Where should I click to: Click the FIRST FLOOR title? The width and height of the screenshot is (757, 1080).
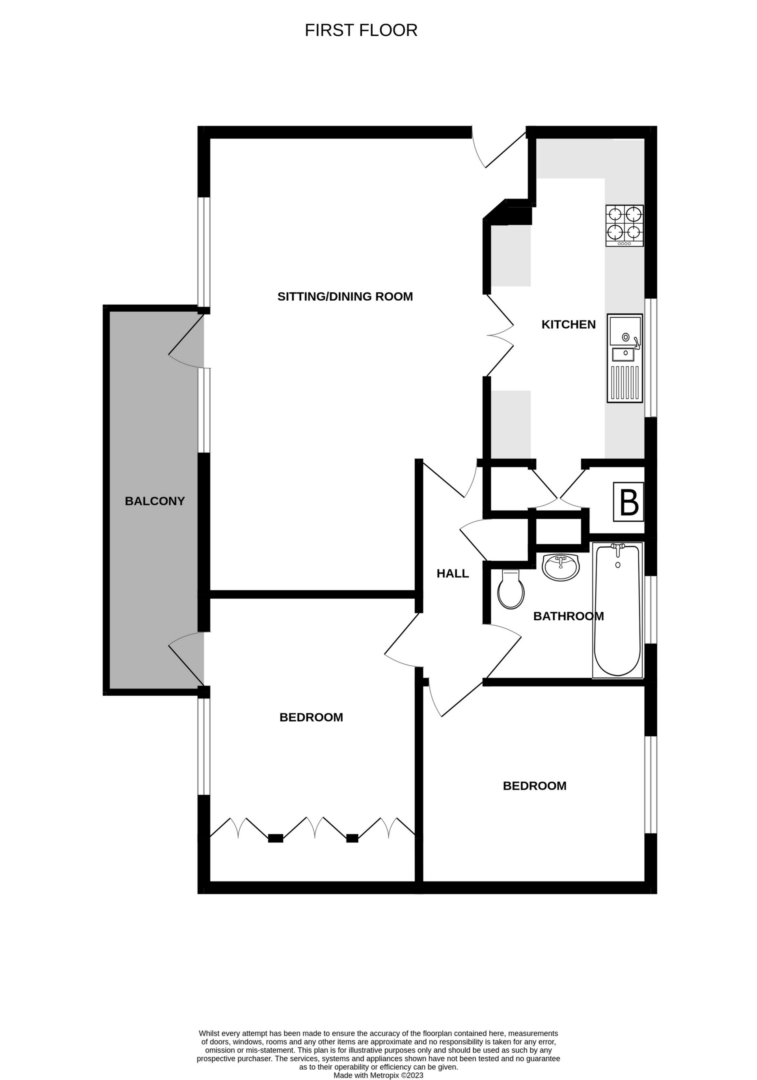[x=361, y=30]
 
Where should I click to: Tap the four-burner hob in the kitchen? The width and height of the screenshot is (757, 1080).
[x=624, y=225]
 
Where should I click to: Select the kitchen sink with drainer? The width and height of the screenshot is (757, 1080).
[x=625, y=358]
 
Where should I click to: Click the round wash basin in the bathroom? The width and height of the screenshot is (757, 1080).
[x=561, y=566]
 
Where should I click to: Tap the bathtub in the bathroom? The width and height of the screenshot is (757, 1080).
[x=617, y=610]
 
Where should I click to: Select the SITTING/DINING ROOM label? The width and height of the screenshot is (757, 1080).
[x=345, y=296]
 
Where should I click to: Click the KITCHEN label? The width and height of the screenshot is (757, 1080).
[x=568, y=324]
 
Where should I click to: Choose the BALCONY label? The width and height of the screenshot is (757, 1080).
[x=155, y=501]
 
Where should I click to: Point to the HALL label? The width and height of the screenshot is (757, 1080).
[x=453, y=573]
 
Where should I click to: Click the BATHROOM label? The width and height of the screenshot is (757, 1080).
[x=568, y=616]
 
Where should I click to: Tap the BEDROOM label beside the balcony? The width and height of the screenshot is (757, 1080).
[x=311, y=717]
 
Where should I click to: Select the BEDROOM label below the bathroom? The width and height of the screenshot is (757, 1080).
[x=534, y=786]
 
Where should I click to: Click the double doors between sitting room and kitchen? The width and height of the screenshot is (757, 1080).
[x=500, y=335]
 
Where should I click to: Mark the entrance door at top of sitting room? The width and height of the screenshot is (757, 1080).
[x=500, y=150]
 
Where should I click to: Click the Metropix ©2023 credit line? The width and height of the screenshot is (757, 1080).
[x=378, y=1075]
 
